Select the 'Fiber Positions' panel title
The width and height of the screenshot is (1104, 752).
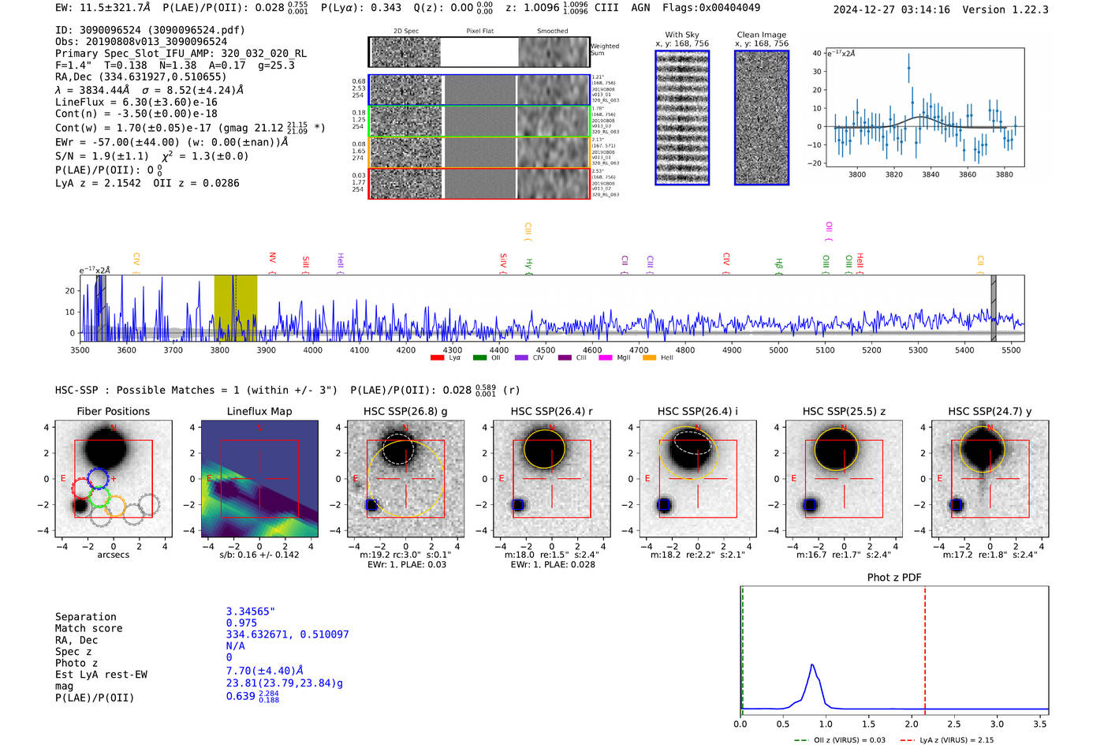pos(113,411)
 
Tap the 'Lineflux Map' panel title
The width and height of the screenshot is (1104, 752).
pos(259,411)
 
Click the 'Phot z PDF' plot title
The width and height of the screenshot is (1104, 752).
pos(894,578)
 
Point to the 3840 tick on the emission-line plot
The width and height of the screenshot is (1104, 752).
pos(931,174)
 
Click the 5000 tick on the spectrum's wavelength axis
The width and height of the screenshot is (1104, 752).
pos(778,350)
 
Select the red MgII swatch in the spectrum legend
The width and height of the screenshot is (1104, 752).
pos(606,357)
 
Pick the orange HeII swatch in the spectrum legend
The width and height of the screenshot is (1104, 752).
pos(650,357)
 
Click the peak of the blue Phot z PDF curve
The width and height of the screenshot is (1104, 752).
pos(812,665)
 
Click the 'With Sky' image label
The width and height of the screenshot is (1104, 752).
pos(682,35)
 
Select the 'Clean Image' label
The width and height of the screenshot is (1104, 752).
pos(761,35)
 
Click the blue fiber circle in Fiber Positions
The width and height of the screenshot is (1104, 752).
pos(98,477)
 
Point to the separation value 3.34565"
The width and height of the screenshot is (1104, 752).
pos(251,612)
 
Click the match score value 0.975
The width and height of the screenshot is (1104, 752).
pos(241,623)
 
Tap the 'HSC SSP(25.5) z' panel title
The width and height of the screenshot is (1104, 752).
pos(844,411)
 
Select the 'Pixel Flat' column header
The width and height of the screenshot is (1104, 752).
pos(479,32)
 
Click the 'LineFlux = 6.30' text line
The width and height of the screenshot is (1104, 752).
pos(136,102)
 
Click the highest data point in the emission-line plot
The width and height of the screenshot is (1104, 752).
pos(908,68)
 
